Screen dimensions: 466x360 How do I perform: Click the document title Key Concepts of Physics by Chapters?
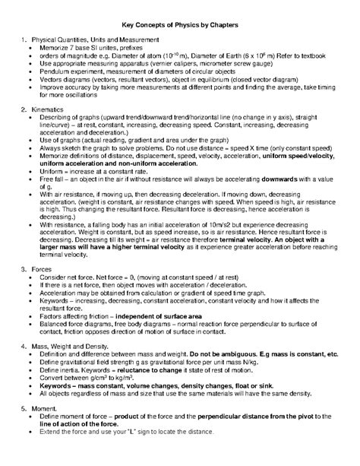point(180,25)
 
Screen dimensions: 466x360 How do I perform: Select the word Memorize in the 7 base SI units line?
point(65,47)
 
